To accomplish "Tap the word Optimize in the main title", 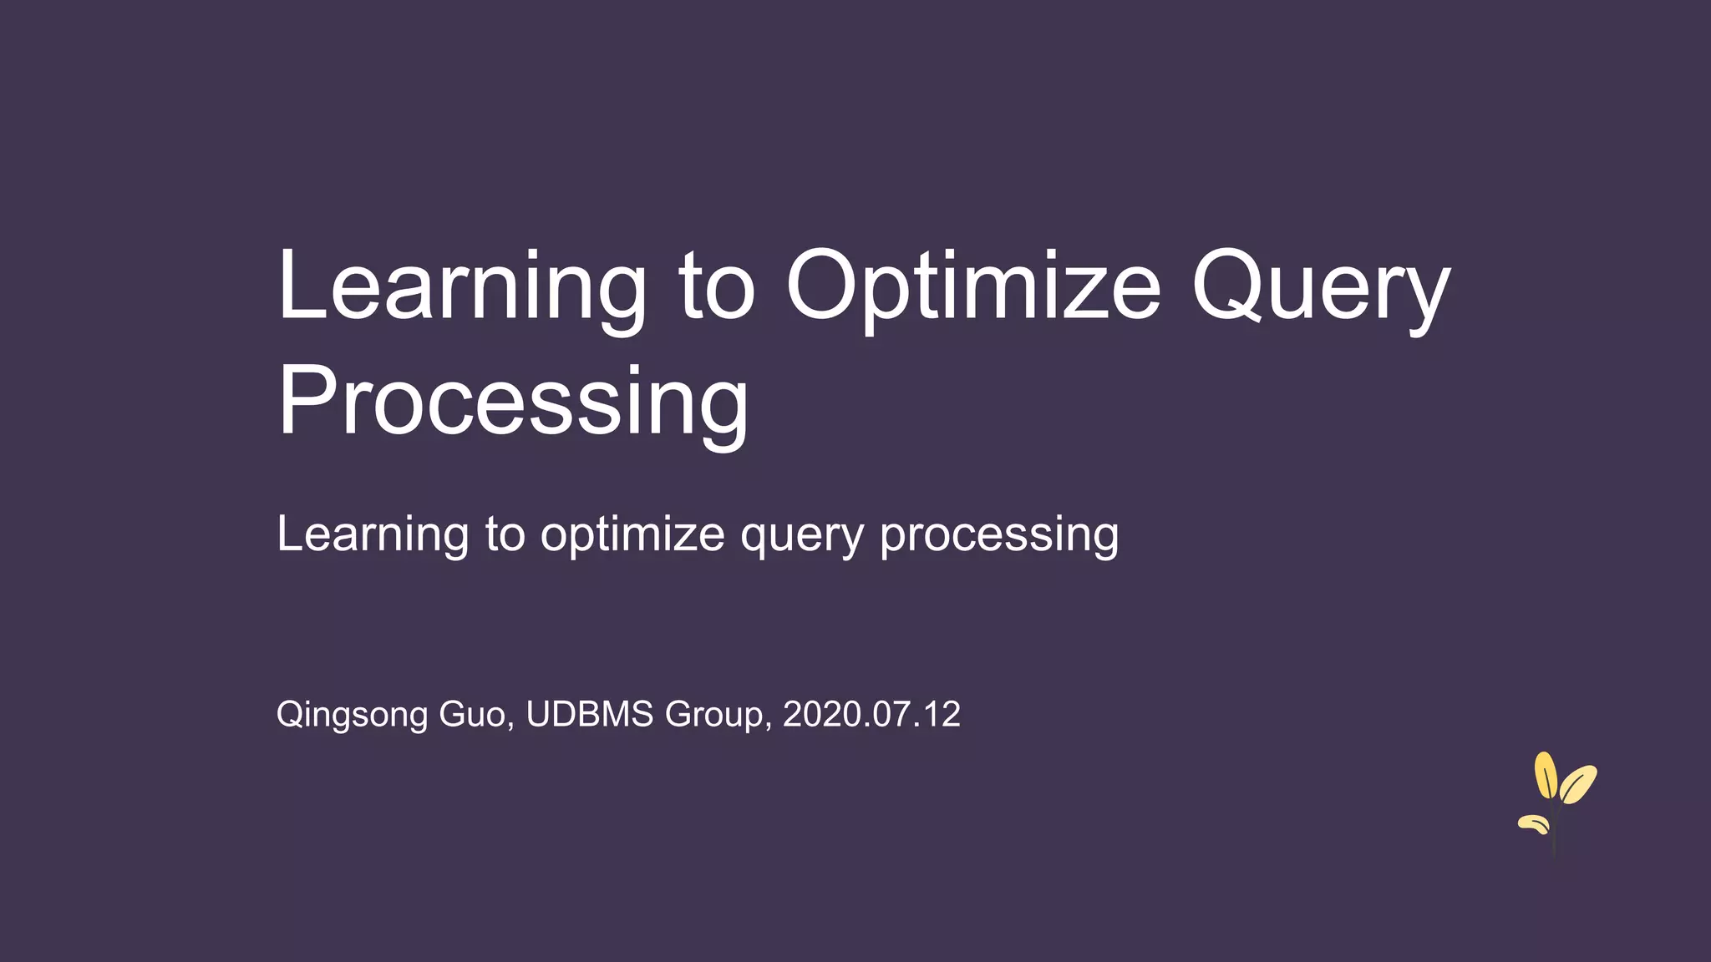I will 973,288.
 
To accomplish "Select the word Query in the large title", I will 1320,288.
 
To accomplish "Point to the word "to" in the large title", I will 717,288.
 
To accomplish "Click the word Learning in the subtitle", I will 373,534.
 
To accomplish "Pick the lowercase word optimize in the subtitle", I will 632,534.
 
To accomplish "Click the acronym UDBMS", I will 590,714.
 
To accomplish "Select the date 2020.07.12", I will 871,714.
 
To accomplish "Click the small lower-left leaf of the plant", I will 1534,824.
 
